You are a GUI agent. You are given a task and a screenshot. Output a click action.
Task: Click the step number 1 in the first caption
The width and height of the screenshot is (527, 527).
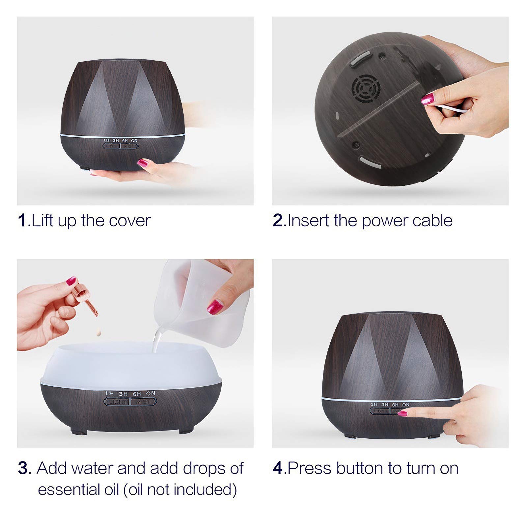[x=22, y=220]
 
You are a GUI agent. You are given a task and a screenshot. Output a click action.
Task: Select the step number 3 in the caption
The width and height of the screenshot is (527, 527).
[x=23, y=468]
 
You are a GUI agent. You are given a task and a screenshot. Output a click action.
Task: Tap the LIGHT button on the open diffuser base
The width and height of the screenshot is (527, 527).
[x=117, y=402]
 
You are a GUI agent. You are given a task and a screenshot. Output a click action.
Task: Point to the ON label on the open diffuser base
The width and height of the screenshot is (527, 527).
[x=151, y=393]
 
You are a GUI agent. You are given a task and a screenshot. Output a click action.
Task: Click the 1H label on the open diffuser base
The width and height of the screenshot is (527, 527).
[x=109, y=393]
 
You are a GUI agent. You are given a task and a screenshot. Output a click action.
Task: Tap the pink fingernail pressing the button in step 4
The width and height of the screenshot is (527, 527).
[x=402, y=413]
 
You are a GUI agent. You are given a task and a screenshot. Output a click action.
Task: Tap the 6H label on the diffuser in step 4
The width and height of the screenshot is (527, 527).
[x=395, y=404]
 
